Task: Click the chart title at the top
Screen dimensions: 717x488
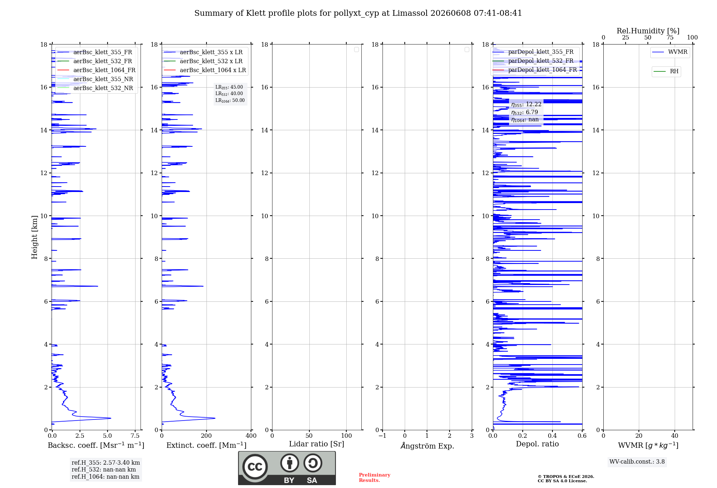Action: pyautogui.click(x=358, y=13)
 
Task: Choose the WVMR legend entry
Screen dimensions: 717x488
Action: pyautogui.click(x=670, y=52)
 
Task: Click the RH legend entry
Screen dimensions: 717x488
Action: pyautogui.click(x=666, y=71)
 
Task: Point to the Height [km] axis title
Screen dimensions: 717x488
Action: pyautogui.click(x=34, y=237)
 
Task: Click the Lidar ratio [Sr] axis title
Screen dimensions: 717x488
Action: pyautogui.click(x=317, y=444)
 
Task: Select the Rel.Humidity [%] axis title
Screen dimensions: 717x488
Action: pyautogui.click(x=648, y=31)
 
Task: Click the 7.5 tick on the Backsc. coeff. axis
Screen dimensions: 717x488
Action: pyautogui.click(x=135, y=436)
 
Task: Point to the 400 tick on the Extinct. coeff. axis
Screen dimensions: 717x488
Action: pyautogui.click(x=251, y=436)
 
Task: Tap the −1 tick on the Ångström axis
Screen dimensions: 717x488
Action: pyautogui.click(x=382, y=436)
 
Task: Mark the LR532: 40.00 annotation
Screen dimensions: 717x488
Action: pyautogui.click(x=229, y=94)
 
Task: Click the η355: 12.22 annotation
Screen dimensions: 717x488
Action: pyautogui.click(x=526, y=104)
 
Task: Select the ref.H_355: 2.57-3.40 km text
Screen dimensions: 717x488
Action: pyautogui.click(x=106, y=463)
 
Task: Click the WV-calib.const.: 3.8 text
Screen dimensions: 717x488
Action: pyautogui.click(x=637, y=461)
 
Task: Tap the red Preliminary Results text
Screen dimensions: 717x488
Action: pyautogui.click(x=375, y=478)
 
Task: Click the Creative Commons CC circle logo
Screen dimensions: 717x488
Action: pyautogui.click(x=255, y=467)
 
